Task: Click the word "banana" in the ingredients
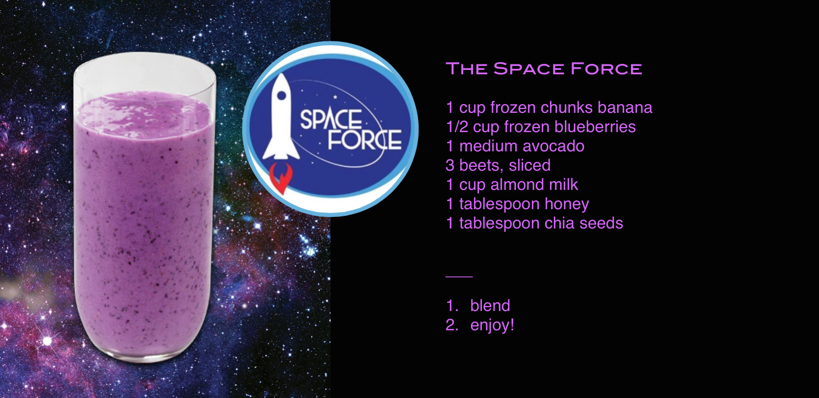point(625,107)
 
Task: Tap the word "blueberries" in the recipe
point(595,127)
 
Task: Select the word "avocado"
point(553,146)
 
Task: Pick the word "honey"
point(567,204)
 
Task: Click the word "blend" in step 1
point(490,306)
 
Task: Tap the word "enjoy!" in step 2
point(492,325)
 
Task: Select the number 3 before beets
point(450,165)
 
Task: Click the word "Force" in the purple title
point(606,69)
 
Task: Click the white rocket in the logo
point(281,117)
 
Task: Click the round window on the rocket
point(282,95)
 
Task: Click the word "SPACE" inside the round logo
point(331,119)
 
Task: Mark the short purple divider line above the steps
point(459,277)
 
